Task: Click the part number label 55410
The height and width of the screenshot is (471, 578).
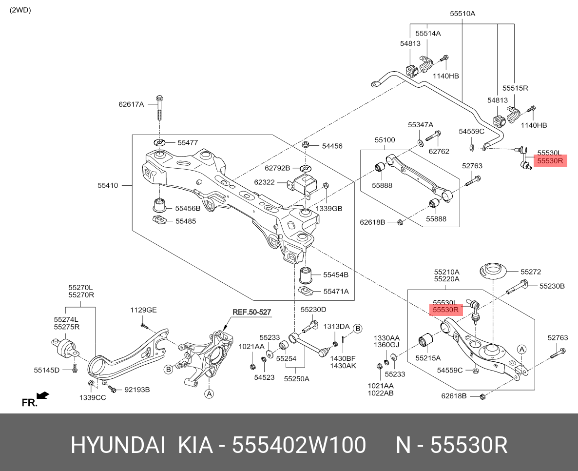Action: (x=107, y=185)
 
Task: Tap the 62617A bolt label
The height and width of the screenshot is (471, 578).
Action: (x=131, y=104)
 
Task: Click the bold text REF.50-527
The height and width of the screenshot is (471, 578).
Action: (x=251, y=312)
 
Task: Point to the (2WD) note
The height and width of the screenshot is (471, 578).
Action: (x=20, y=10)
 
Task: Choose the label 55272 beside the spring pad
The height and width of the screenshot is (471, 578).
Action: (x=530, y=272)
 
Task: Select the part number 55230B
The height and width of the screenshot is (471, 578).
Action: (x=552, y=286)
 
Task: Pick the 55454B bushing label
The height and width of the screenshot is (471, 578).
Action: (x=336, y=275)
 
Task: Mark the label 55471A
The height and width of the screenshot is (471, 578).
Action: (x=336, y=292)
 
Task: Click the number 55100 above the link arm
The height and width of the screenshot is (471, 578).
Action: (x=385, y=140)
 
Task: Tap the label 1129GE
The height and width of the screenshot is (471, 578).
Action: (x=143, y=310)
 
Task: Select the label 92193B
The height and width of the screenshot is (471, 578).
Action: (x=137, y=390)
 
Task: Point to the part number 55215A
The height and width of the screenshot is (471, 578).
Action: (x=427, y=358)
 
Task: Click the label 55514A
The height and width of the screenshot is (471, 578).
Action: (x=428, y=33)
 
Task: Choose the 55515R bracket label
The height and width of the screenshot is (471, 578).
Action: (x=515, y=88)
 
